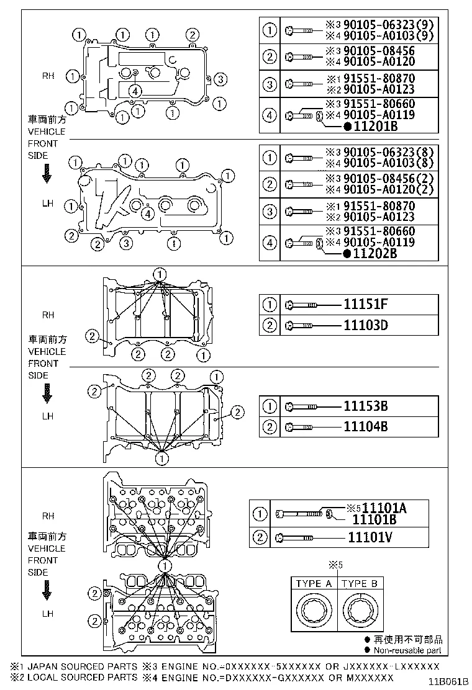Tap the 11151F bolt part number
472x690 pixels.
tap(366, 305)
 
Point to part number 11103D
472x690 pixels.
tap(366, 325)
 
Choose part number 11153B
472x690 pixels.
tap(366, 406)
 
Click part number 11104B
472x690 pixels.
tap(366, 427)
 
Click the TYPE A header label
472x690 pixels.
tap(314, 584)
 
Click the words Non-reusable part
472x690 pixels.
tap(407, 650)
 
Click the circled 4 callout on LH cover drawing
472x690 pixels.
tap(147, 214)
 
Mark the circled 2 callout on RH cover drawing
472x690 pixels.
tap(193, 34)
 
